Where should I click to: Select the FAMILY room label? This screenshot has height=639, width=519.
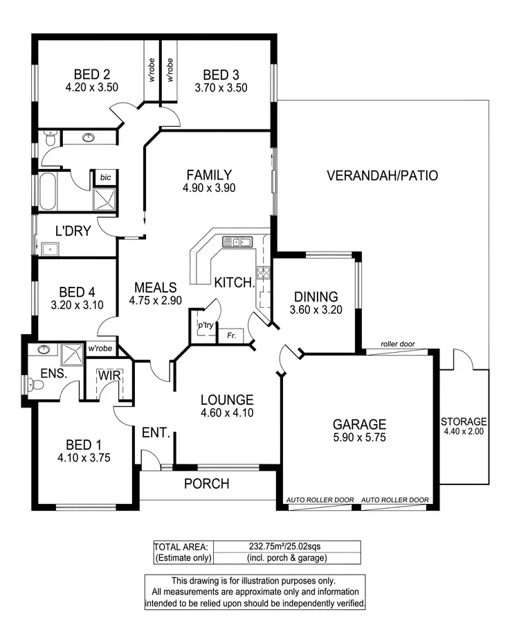208,175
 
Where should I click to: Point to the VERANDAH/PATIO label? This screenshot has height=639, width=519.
382,175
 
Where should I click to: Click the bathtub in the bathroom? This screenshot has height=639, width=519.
48,192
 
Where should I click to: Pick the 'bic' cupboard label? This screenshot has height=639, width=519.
105,177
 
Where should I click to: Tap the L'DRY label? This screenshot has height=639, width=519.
73,231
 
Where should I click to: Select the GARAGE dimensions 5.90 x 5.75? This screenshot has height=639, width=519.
358,437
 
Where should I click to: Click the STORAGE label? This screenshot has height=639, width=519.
464,421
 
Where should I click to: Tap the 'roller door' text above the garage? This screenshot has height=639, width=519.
398,344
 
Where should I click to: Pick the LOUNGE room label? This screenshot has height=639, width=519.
227,400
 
